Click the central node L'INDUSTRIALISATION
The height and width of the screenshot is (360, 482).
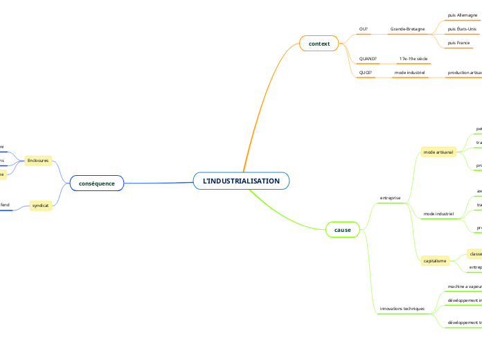pyautogui.click(x=241, y=181)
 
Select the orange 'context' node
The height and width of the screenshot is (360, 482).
pyautogui.click(x=319, y=44)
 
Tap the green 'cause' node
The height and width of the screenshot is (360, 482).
pyautogui.click(x=342, y=229)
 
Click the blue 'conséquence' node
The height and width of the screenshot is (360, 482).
pyautogui.click(x=97, y=183)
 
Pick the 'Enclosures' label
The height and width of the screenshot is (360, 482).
pyautogui.click(x=38, y=161)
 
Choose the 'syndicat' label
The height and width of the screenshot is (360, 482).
pyautogui.click(x=40, y=206)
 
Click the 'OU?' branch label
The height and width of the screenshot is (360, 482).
pyautogui.click(x=364, y=29)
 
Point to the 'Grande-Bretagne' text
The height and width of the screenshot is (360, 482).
pyautogui.click(x=407, y=29)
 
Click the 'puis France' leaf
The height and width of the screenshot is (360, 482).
pyautogui.click(x=458, y=43)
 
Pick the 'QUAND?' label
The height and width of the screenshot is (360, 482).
pyautogui.click(x=368, y=59)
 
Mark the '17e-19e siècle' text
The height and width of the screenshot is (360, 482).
pyautogui.click(x=413, y=59)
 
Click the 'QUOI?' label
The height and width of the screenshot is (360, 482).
pyautogui.click(x=366, y=73)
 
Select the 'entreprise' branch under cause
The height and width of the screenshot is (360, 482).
pyautogui.click(x=390, y=198)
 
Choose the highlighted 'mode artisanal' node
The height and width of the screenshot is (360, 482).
pyautogui.click(x=438, y=151)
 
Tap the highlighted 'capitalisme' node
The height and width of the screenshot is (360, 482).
pyautogui.click(x=435, y=260)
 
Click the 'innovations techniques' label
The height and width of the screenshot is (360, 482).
pyautogui.click(x=402, y=308)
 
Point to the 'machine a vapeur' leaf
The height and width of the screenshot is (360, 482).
pyautogui.click(x=465, y=286)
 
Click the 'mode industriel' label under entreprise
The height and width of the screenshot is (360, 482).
pyautogui.click(x=438, y=214)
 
